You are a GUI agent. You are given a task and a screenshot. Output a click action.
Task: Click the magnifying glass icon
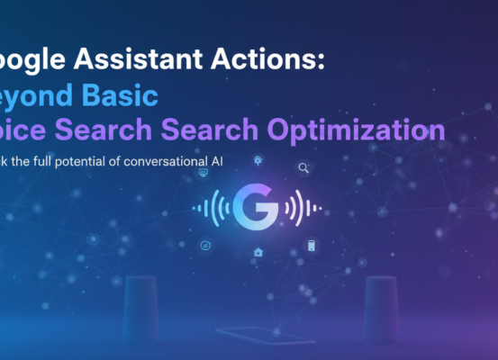[303, 167]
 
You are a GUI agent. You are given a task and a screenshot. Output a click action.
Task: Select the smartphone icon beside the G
[312, 245]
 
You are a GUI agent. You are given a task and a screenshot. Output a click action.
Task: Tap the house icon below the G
[258, 252]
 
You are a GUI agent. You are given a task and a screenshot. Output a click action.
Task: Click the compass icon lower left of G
[205, 245]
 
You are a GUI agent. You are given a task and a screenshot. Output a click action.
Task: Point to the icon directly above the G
[258, 159]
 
